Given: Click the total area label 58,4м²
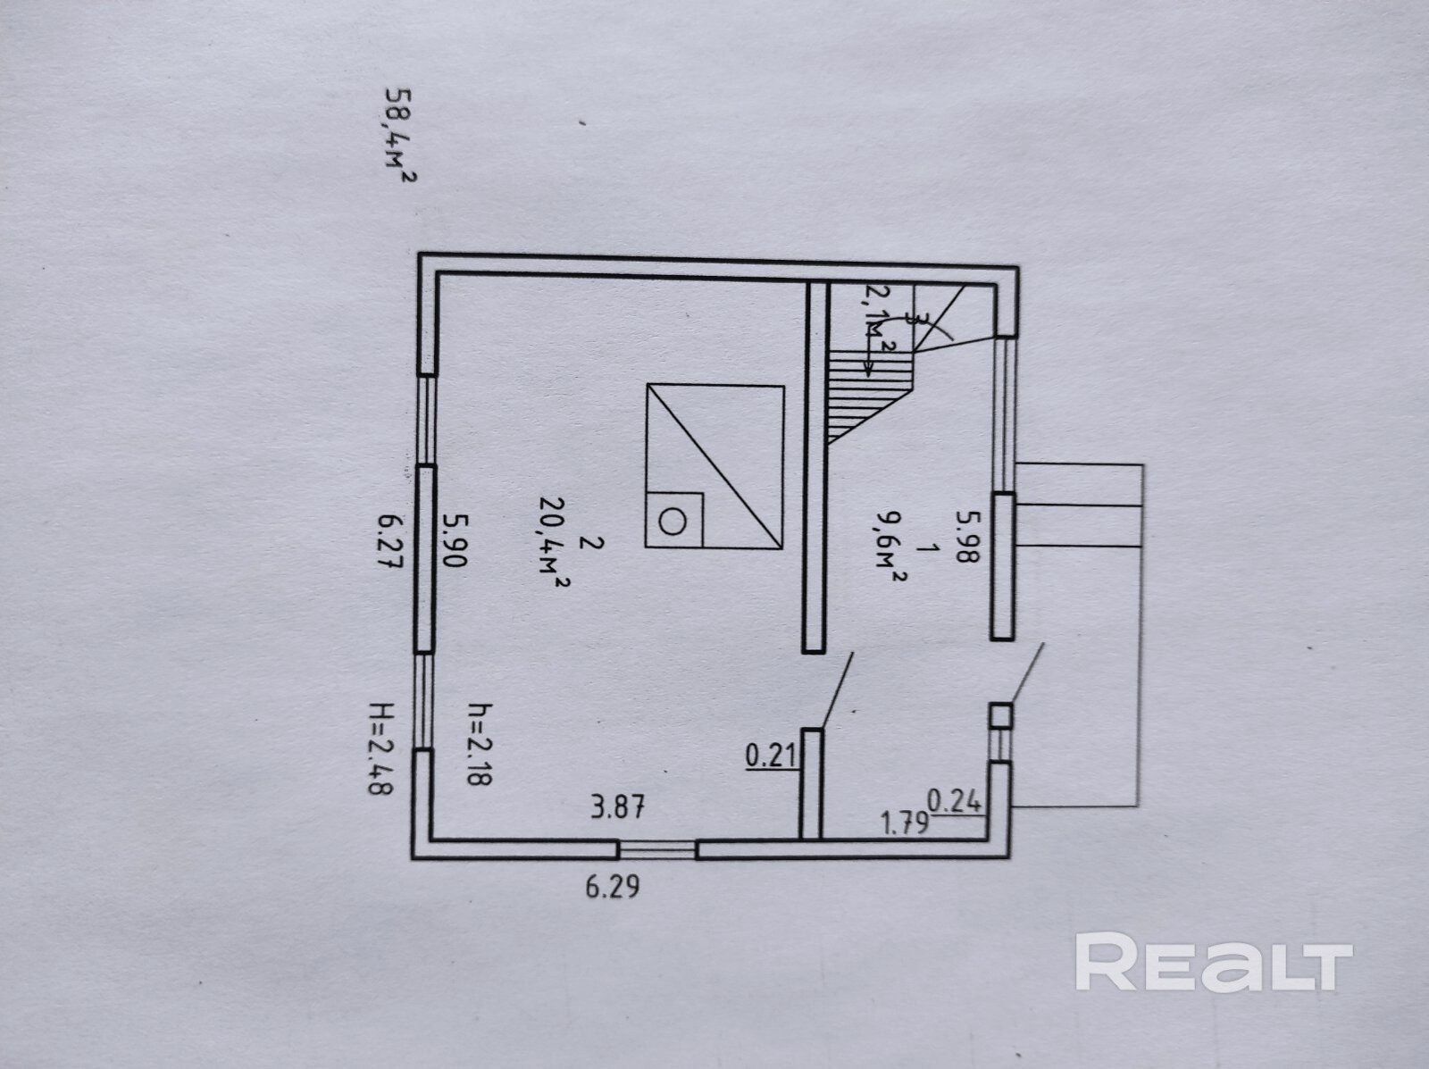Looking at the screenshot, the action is coord(399,135).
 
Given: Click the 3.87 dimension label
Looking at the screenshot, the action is coord(617,808).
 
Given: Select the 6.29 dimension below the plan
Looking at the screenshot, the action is coord(612,888).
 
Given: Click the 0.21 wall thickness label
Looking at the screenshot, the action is coord(770,756).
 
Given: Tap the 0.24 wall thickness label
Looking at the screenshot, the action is coord(955,801).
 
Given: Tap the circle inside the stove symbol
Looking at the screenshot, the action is coord(673,519).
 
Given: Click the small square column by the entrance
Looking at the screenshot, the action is coord(1002,716).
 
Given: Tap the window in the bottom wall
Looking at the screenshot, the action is coord(658,849).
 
